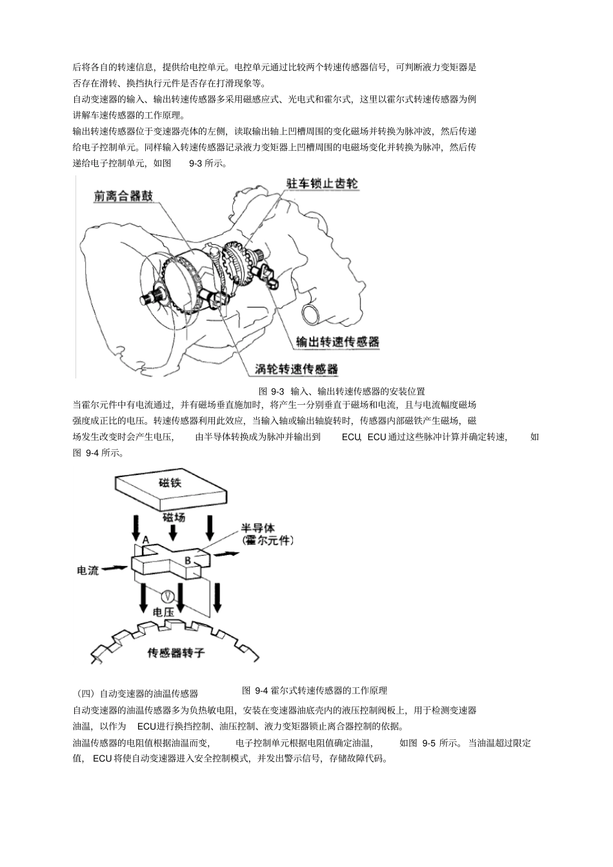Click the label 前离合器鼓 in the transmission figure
[x=123, y=196]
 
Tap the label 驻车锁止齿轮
[x=322, y=183]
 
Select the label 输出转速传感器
[x=337, y=342]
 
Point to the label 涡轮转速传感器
[x=296, y=369]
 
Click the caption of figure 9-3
[x=341, y=391]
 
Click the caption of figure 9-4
[x=314, y=690]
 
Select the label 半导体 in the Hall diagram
[x=257, y=529]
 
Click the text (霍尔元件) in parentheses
[x=267, y=541]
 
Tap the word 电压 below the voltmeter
[x=163, y=612]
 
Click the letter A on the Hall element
[x=146, y=539]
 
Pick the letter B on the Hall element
[x=188, y=561]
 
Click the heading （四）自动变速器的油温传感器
[x=137, y=694]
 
